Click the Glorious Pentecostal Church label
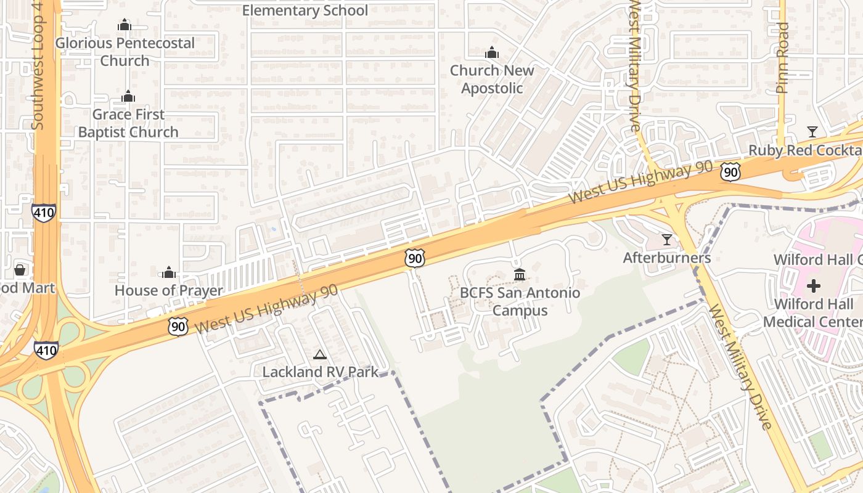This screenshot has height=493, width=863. [x=125, y=52]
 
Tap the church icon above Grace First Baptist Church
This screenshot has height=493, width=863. [x=128, y=97]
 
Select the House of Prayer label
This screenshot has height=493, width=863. [x=169, y=290]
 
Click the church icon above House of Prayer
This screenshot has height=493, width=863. [x=169, y=272]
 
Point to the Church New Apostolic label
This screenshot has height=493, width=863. [x=492, y=79]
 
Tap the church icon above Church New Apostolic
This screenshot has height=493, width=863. [x=492, y=53]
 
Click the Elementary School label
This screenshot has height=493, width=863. [x=305, y=10]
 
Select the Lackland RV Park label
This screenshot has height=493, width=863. [x=320, y=372]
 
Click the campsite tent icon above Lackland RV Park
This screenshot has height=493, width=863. [x=319, y=354]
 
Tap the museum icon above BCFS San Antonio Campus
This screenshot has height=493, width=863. [x=520, y=274]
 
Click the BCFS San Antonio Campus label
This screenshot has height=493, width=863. [x=520, y=301]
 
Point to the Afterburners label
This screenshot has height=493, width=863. [x=667, y=258]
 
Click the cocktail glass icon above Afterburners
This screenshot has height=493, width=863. [x=667, y=239]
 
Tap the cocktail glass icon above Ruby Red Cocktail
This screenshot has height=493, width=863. [x=812, y=132]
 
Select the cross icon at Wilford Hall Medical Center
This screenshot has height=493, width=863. [x=814, y=286]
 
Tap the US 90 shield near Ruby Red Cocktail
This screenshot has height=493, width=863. [x=730, y=172]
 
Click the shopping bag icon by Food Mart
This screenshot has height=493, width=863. [x=20, y=270]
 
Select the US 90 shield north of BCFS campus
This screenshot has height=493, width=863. [x=415, y=258]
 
